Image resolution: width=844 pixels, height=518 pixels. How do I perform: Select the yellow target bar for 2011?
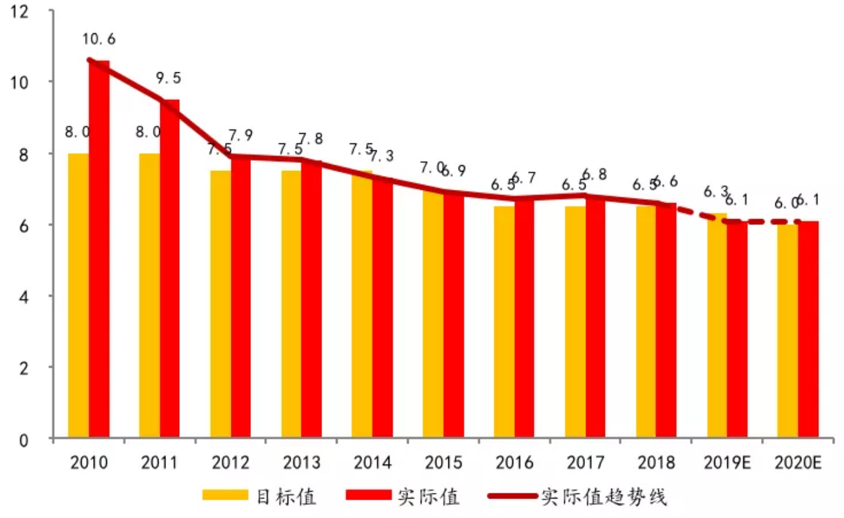point(149,295)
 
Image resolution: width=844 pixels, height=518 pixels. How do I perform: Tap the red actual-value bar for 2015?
point(453,314)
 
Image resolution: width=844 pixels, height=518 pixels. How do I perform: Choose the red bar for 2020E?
point(808,329)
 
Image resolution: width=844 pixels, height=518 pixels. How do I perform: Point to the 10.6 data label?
point(99,39)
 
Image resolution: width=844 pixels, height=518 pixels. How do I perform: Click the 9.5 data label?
point(169,78)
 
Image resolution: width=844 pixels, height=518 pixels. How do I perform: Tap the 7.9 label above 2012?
point(240,135)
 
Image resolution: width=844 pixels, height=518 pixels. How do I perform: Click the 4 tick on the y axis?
point(25,296)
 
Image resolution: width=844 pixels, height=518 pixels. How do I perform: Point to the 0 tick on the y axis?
point(25,439)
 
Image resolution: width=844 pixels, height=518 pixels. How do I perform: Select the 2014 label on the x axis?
point(372,463)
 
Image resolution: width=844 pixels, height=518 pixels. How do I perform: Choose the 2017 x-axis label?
point(586,463)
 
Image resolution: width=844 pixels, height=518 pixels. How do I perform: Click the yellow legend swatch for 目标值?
point(225,496)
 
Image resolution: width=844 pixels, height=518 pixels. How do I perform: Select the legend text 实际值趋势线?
point(604,497)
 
